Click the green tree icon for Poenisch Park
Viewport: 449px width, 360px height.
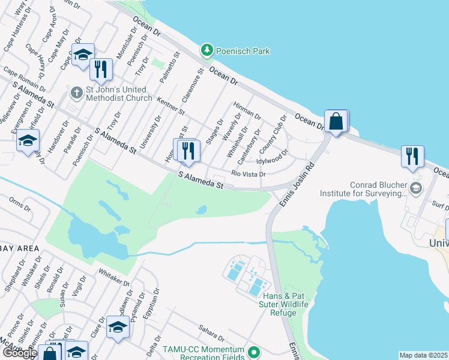point(207,51)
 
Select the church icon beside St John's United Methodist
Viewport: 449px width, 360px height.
point(76,93)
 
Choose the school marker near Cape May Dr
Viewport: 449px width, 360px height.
point(82,55)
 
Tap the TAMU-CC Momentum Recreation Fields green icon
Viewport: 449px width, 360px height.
point(255,351)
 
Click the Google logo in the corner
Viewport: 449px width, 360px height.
point(20,352)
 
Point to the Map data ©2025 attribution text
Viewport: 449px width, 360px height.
point(423,355)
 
